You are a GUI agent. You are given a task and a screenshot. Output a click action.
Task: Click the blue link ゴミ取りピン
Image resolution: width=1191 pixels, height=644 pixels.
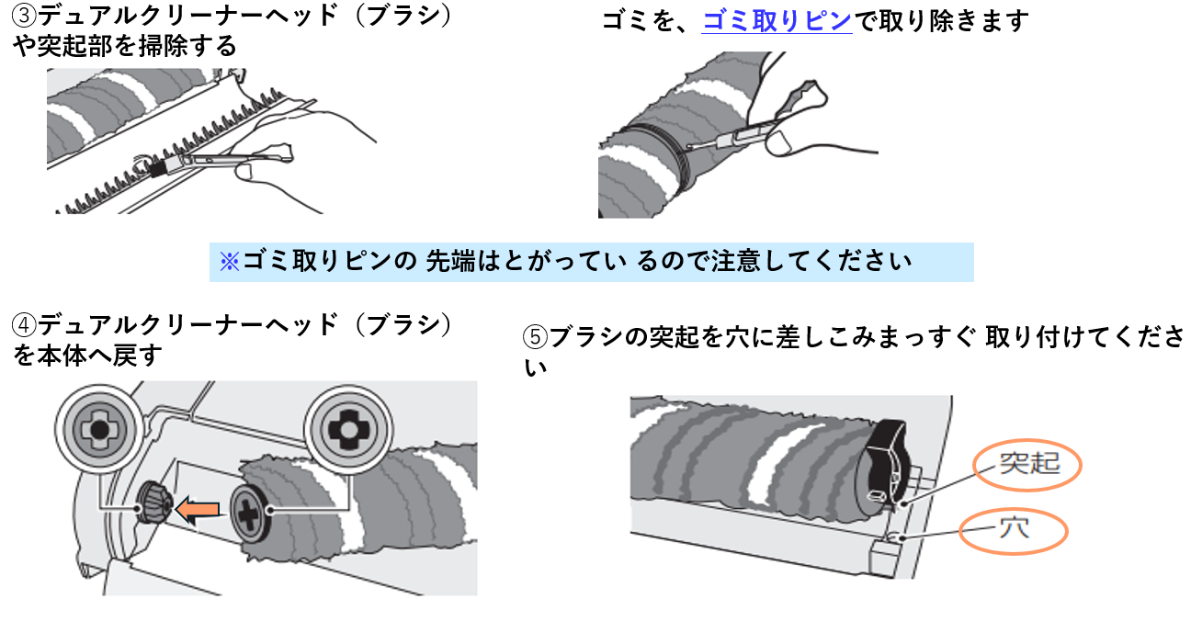(777, 21)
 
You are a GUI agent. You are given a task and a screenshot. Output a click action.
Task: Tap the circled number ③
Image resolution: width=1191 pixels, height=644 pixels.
(25, 16)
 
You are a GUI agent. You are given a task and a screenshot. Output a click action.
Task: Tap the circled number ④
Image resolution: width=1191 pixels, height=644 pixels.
(25, 325)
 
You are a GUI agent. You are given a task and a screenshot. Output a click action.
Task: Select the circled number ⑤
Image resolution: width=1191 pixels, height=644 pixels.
(535, 337)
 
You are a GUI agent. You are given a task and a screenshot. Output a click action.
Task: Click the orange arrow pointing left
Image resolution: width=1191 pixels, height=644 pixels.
(198, 510)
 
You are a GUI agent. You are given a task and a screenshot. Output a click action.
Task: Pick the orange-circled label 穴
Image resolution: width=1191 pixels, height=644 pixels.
(1014, 531)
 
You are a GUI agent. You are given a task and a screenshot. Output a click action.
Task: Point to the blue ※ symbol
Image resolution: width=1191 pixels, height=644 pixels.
(230, 262)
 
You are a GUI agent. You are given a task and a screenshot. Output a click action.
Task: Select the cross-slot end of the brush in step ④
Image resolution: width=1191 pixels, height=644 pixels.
(250, 514)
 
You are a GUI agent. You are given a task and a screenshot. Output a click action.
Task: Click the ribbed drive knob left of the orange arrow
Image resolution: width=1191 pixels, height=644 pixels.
(154, 503)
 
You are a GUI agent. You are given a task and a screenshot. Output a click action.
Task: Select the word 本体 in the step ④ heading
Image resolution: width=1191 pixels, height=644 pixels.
(62, 356)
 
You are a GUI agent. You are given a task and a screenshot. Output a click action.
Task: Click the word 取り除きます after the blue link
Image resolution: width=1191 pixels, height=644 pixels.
(954, 21)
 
